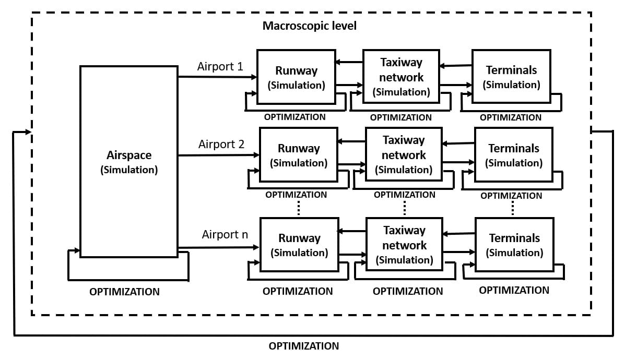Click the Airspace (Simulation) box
pyautogui.click(x=128, y=162)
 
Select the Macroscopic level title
pyautogui.click(x=310, y=26)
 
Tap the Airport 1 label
pyautogui.click(x=220, y=67)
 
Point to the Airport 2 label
pyautogui.click(x=221, y=144)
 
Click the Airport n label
pyautogui.click(x=225, y=235)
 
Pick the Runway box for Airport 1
pyautogui.click(x=297, y=76)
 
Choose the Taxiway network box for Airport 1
pyautogui.click(x=401, y=76)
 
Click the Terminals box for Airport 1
pyautogui.click(x=511, y=76)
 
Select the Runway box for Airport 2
pyautogui.click(x=299, y=155)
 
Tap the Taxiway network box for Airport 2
pyautogui.click(x=404, y=154)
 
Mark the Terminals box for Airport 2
pyautogui.click(x=514, y=155)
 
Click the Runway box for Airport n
pyautogui.click(x=299, y=245)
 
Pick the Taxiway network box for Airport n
pyautogui.click(x=404, y=244)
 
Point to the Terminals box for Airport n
pyautogui.click(x=514, y=244)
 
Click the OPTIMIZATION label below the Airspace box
pyautogui.click(x=124, y=292)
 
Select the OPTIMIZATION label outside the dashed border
pyautogui.click(x=304, y=346)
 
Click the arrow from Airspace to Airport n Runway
pyautogui.click(x=219, y=247)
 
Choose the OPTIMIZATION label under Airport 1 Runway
pyautogui.click(x=294, y=117)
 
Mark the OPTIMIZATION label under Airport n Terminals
pyautogui.click(x=514, y=290)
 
